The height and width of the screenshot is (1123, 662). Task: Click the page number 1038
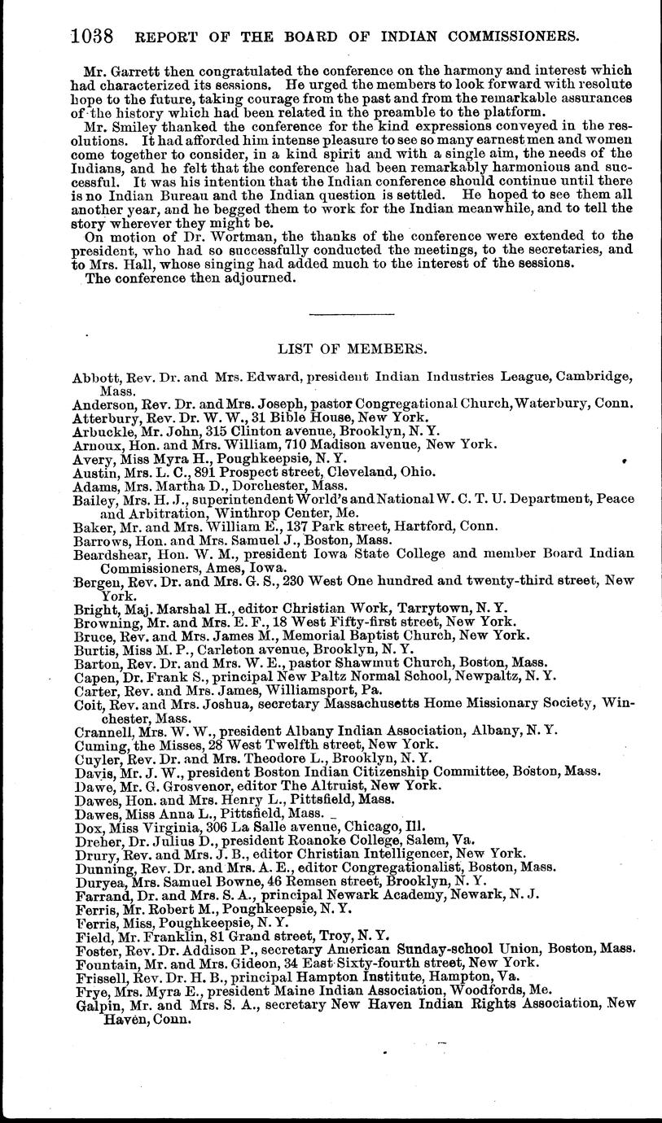pos(91,37)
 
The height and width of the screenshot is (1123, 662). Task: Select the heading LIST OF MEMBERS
pos(352,349)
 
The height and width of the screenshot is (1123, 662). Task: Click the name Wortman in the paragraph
pos(213,235)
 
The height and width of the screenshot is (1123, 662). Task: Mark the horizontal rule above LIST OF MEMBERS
pos(352,314)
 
